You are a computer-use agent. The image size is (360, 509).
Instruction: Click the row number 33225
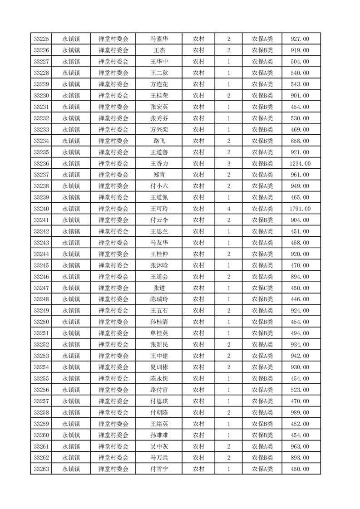(41, 39)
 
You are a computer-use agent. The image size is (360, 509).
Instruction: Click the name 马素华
(159, 39)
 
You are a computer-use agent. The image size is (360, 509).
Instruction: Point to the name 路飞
(159, 141)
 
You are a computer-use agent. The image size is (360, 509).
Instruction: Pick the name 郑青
(159, 175)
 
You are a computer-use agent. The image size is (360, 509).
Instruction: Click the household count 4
(228, 209)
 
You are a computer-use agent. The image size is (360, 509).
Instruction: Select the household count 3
(228, 163)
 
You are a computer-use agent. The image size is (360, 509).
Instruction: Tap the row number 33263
(41, 469)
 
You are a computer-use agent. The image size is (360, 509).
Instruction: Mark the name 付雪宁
(159, 469)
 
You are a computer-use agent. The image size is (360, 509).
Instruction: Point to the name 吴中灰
(159, 446)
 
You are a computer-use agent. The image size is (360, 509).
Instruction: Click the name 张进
(159, 288)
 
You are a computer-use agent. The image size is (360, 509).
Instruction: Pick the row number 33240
(41, 209)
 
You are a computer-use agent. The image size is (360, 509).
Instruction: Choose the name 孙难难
(159, 435)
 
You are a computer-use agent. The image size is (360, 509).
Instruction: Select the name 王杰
(159, 50)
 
